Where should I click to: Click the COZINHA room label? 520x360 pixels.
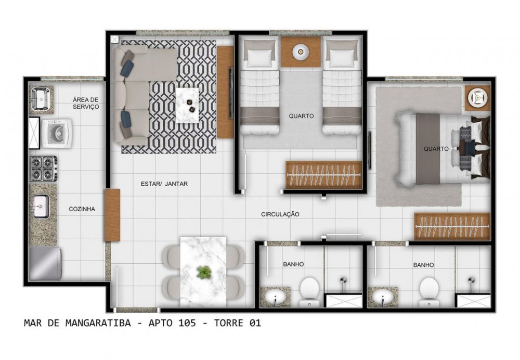82,209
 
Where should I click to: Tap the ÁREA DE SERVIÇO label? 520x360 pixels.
86,103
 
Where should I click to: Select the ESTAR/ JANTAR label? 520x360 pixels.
164,184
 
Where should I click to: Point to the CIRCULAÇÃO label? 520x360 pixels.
280,214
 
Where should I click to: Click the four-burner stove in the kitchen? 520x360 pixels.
44,169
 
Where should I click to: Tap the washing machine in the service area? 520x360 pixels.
57,133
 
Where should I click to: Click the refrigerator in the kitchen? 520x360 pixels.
45,264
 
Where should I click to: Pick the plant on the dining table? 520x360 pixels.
204,272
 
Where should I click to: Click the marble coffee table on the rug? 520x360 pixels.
187,105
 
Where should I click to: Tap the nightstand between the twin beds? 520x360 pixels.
301,52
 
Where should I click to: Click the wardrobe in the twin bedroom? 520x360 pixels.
323,175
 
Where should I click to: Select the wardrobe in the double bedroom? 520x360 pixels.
452,226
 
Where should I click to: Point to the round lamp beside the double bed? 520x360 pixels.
477,98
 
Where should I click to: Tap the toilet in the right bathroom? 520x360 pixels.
429,291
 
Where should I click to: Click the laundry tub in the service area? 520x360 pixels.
41,98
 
